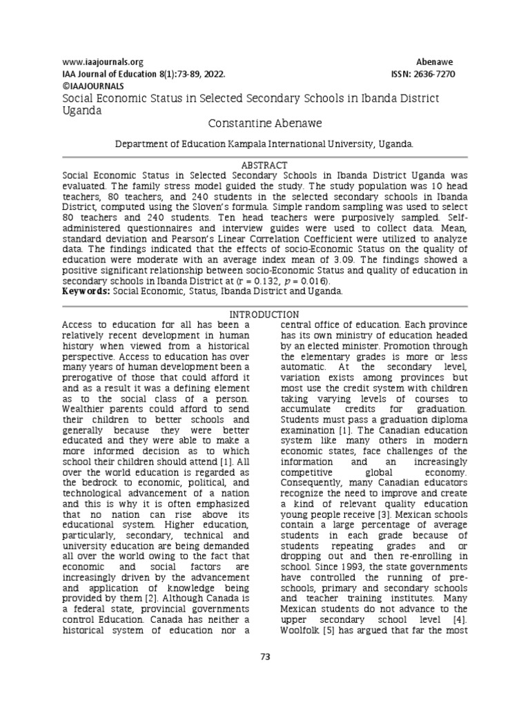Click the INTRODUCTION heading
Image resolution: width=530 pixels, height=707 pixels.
point(264,314)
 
